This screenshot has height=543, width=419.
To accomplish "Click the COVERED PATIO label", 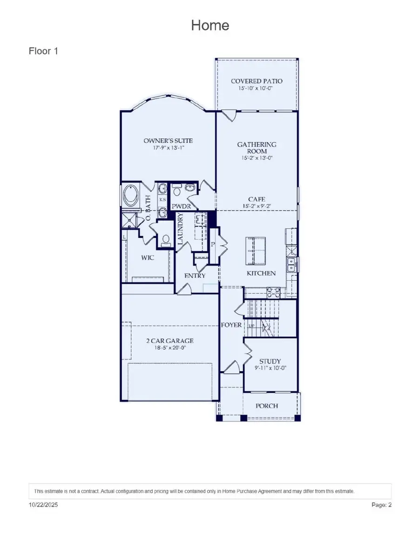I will (x=257, y=81).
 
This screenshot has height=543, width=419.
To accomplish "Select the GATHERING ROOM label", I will (x=257, y=148).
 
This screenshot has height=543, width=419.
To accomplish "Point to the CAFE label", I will (x=257, y=199).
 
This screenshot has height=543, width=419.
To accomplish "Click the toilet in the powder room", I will (x=177, y=191).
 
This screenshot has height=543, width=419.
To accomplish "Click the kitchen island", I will (x=256, y=251).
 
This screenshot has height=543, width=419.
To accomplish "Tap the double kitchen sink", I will (x=292, y=265).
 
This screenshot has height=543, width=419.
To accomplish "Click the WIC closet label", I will (x=148, y=257).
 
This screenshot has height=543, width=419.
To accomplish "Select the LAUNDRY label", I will (x=181, y=229).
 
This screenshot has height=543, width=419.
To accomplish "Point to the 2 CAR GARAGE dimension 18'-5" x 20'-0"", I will (x=169, y=348).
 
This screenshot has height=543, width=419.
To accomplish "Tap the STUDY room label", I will (x=270, y=361).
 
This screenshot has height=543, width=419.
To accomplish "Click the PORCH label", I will (x=267, y=406).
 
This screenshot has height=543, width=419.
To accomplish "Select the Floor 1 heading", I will (x=43, y=51).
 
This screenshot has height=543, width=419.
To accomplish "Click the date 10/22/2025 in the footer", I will (x=43, y=505).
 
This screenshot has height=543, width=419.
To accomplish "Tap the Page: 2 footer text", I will (x=381, y=505).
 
